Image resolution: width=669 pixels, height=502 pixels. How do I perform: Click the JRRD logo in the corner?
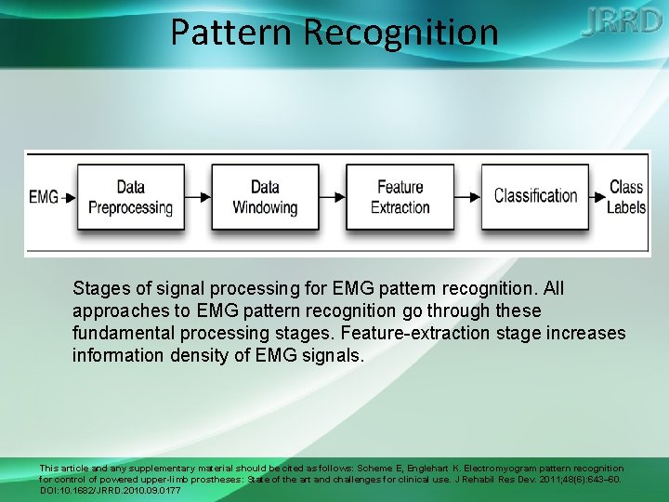pos(622,22)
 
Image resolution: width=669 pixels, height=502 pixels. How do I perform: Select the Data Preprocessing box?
pos(130,197)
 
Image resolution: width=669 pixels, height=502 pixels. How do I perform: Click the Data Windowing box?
pos(265,197)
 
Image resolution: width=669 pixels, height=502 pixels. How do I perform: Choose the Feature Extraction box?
pos(400,197)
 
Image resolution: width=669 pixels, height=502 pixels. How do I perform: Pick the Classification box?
pos(535,196)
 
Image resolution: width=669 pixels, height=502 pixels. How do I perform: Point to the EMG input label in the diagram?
pos(43,197)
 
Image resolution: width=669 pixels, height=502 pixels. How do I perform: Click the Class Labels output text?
pos(626,197)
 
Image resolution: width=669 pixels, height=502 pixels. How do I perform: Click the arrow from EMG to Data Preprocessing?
pos(68,197)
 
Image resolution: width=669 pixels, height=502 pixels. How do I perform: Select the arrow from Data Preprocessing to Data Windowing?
pos(198,197)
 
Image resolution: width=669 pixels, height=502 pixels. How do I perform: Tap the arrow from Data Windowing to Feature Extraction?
pos(333,197)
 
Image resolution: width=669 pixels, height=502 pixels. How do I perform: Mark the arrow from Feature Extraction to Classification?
pos(467,197)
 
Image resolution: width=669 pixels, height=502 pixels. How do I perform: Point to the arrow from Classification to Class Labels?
pos(597,197)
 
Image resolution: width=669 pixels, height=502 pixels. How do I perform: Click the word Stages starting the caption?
pos(100,289)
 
